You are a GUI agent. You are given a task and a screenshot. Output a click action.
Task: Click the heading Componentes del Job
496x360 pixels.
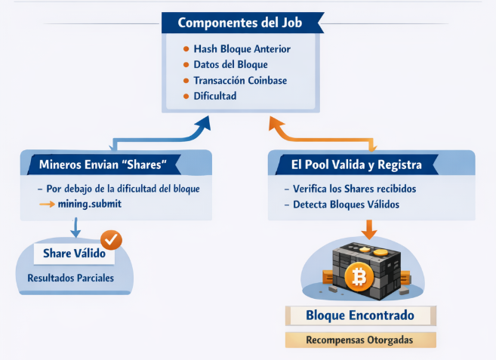click(240, 23)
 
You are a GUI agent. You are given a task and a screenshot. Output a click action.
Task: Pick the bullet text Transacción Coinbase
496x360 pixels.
click(240, 81)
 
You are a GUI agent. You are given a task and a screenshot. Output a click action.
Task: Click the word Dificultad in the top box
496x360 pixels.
click(215, 97)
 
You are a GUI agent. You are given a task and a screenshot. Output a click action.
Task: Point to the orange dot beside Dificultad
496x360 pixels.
click(187, 97)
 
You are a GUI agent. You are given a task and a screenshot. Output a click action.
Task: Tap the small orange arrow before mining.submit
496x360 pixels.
click(47, 204)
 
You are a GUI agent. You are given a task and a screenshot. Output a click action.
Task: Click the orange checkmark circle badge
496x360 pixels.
click(111, 240)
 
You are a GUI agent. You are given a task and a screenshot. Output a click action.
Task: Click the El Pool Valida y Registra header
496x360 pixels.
click(356, 164)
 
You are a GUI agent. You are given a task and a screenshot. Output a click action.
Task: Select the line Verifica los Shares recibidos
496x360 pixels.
click(353, 189)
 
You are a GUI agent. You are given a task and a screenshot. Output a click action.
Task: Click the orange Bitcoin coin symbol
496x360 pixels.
click(359, 278)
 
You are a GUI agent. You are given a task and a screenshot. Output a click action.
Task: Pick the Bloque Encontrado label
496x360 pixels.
click(360, 315)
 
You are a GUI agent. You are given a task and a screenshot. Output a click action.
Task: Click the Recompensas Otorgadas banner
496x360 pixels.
click(360, 340)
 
